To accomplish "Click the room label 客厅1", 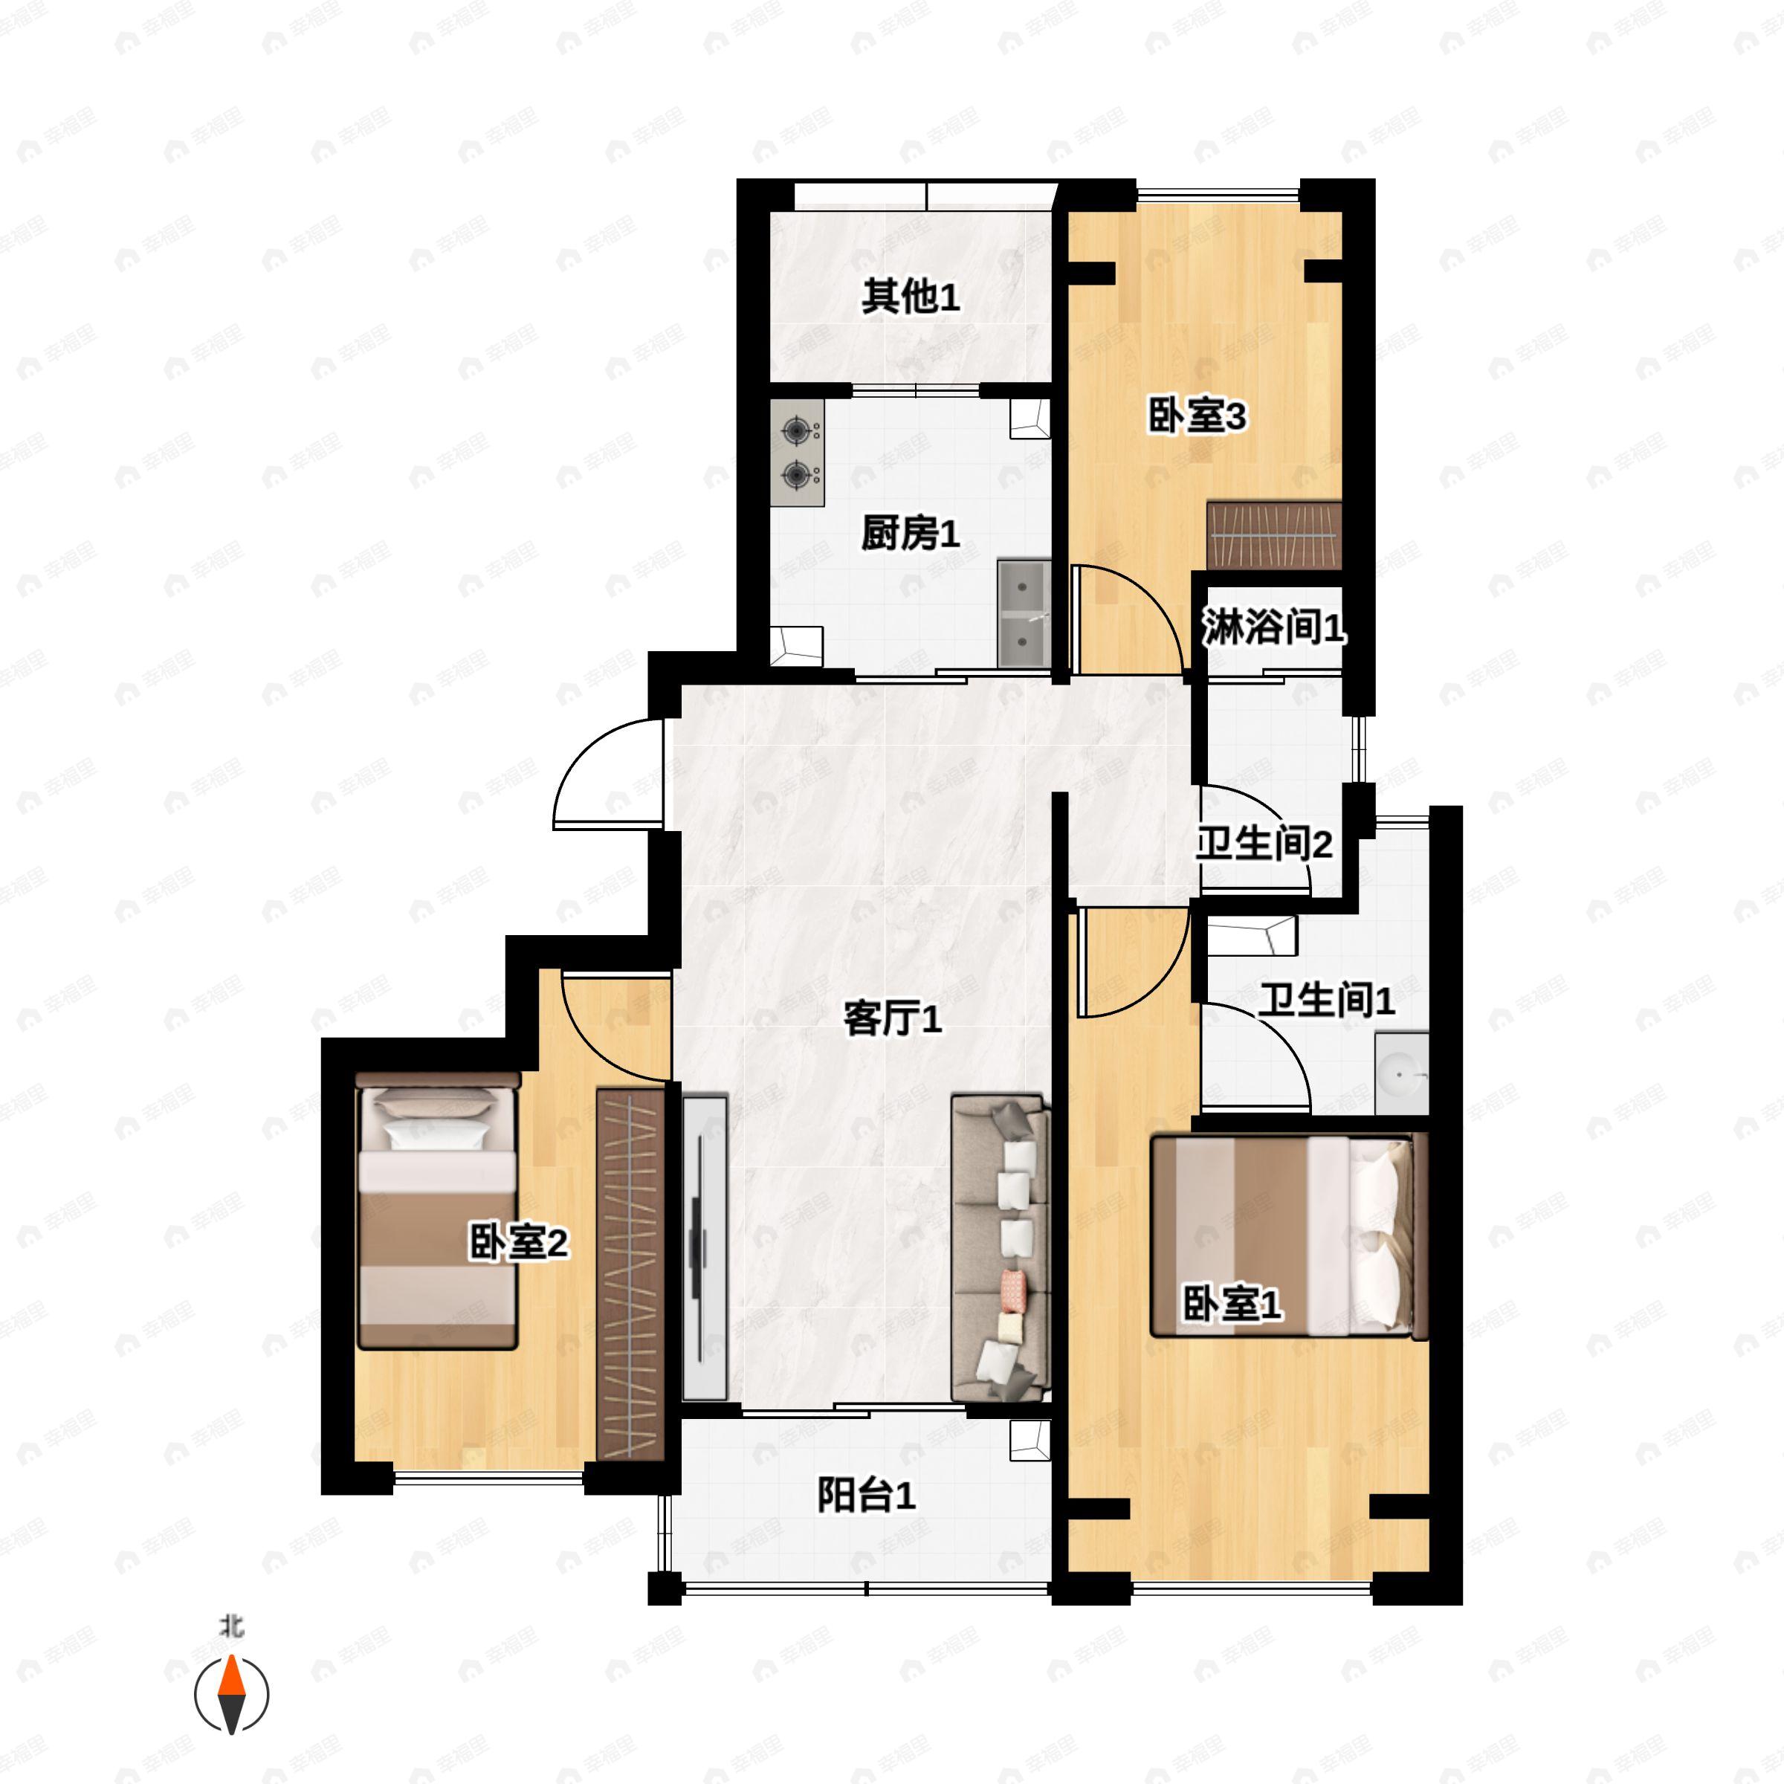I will point(892,1019).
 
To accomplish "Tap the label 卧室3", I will point(1197,416).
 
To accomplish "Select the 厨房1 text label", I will point(910,534).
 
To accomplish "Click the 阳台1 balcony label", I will point(865,1495).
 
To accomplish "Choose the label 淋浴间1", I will point(1272,629).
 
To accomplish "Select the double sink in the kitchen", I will point(1023,613).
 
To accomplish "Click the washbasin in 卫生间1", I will point(1400,1076).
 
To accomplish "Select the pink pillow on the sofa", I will point(1013,1288).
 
